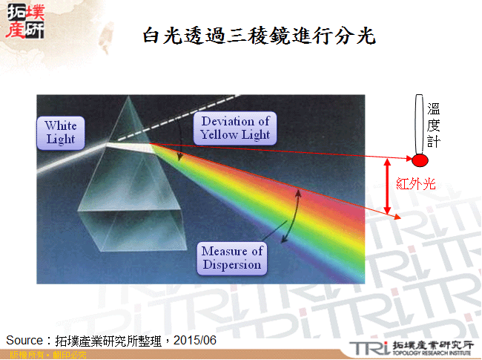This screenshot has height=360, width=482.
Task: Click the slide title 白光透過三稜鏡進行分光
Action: click(x=259, y=34)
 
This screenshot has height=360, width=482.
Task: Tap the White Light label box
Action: click(x=61, y=132)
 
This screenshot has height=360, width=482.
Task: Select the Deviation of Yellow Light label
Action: click(x=235, y=128)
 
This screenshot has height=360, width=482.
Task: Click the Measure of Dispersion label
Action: click(x=231, y=258)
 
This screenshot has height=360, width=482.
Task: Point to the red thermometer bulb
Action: click(x=420, y=160)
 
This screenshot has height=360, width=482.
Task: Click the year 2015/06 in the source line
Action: click(x=199, y=339)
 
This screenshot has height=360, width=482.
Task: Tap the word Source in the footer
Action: click(x=24, y=339)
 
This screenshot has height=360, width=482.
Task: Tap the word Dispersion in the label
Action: click(x=231, y=264)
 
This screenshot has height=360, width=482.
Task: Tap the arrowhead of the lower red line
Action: click(x=399, y=217)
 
